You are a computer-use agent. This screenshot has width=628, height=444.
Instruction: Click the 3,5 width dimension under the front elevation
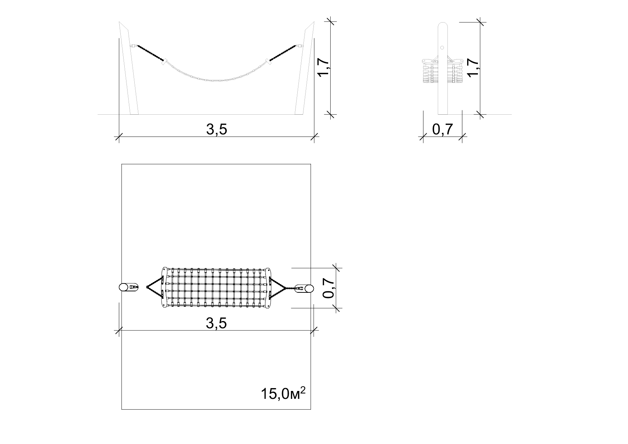click(x=217, y=129)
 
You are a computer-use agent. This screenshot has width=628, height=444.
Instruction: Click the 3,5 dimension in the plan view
click(x=217, y=323)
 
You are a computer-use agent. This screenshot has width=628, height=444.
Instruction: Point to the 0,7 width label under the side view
click(x=443, y=129)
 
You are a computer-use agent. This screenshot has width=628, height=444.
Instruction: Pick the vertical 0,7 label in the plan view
click(x=329, y=288)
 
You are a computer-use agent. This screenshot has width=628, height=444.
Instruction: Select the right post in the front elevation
click(x=305, y=68)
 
